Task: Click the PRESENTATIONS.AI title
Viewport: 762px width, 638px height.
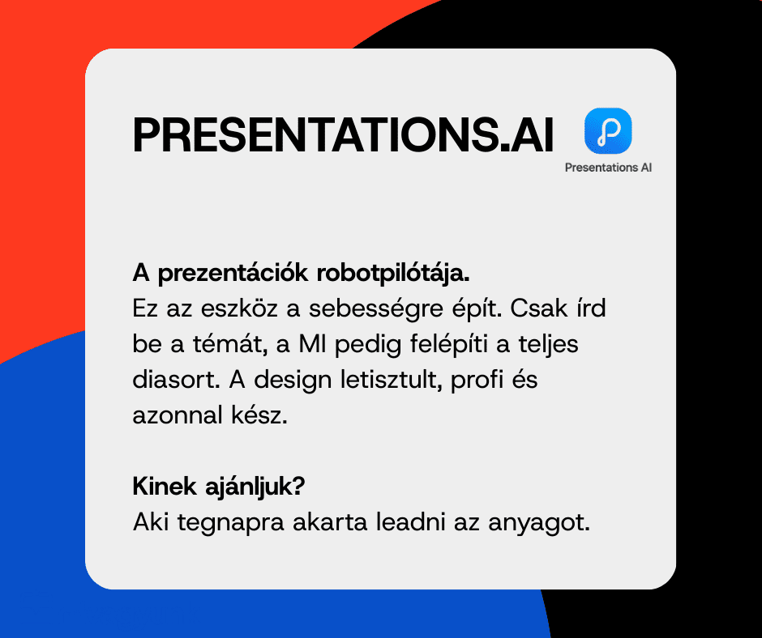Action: click(x=343, y=134)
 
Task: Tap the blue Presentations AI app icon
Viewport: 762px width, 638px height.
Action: click(x=608, y=130)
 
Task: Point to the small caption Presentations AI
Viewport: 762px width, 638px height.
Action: click(x=608, y=168)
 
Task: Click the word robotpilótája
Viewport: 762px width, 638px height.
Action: click(x=393, y=274)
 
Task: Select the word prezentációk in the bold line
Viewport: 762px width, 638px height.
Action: click(x=233, y=274)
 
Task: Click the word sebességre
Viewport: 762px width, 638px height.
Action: click(x=375, y=309)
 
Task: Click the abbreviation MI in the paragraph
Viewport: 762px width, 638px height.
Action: click(x=312, y=344)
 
